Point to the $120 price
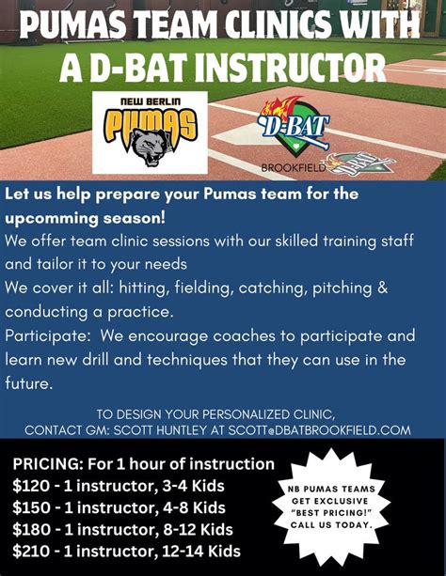pyautogui.click(x=32, y=486)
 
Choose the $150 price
pyautogui.click(x=32, y=507)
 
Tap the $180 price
pyautogui.click(x=32, y=529)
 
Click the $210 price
pyautogui.click(x=32, y=551)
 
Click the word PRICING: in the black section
pyautogui.click(x=52, y=464)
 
